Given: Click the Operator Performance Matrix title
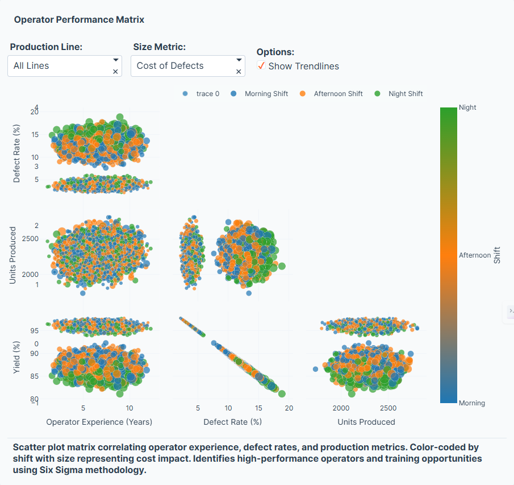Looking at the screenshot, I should pyautogui.click(x=79, y=20).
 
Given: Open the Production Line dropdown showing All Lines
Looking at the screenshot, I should pyautogui.click(x=60, y=66).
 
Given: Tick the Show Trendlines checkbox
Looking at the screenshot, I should pyautogui.click(x=261, y=66).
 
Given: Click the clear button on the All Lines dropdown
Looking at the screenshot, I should pyautogui.click(x=115, y=72).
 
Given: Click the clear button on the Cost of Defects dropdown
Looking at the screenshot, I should pyautogui.click(x=239, y=72).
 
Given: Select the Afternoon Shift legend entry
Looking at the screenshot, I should pyautogui.click(x=337, y=94).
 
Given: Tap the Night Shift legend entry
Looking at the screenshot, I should pyautogui.click(x=405, y=94).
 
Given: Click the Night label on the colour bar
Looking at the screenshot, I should pyautogui.click(x=467, y=107).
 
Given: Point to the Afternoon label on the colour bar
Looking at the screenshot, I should pyautogui.click(x=474, y=255).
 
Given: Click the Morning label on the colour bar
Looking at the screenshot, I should pyautogui.click(x=472, y=403).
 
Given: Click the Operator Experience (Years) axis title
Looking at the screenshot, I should pyautogui.click(x=99, y=422).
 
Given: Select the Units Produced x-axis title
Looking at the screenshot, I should pyautogui.click(x=366, y=422).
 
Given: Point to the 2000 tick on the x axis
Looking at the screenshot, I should pyautogui.click(x=341, y=408).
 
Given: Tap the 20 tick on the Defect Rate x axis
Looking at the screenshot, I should pyautogui.click(x=289, y=408).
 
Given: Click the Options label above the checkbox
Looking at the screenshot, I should pyautogui.click(x=275, y=52).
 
